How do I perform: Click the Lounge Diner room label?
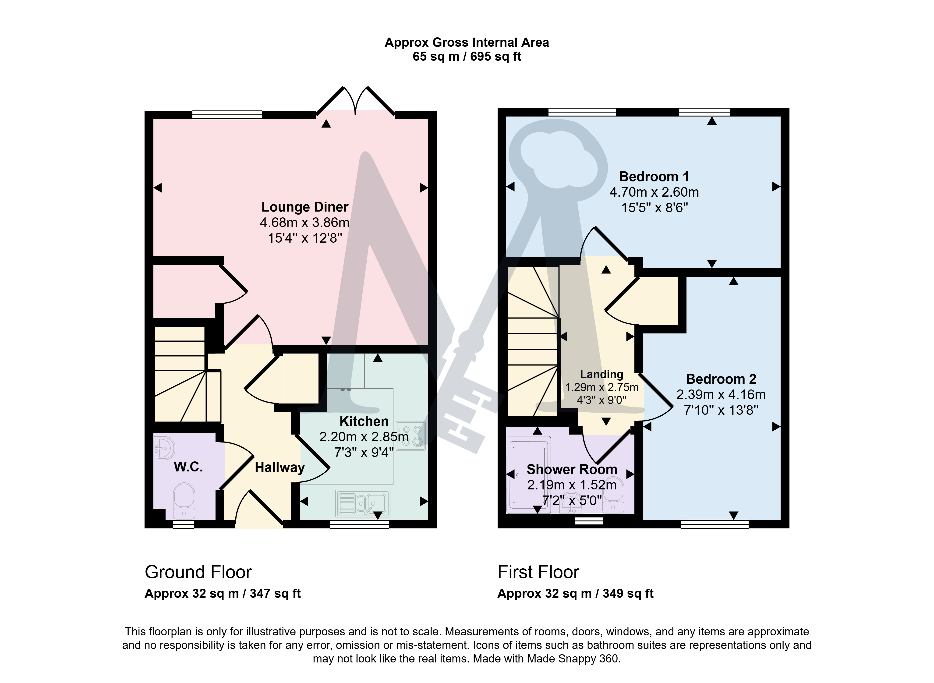(x=305, y=207)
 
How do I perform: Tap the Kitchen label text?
(x=364, y=421)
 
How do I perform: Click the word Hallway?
(x=279, y=468)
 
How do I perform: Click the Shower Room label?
(x=572, y=469)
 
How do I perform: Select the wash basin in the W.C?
(x=164, y=447)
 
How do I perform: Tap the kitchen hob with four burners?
(x=410, y=436)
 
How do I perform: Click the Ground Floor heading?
(x=198, y=572)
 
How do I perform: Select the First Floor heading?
(x=538, y=572)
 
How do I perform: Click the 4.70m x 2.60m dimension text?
(x=654, y=192)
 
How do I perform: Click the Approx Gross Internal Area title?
(x=467, y=42)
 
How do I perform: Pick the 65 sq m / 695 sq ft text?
(x=467, y=57)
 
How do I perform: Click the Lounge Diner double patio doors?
(x=355, y=101)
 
